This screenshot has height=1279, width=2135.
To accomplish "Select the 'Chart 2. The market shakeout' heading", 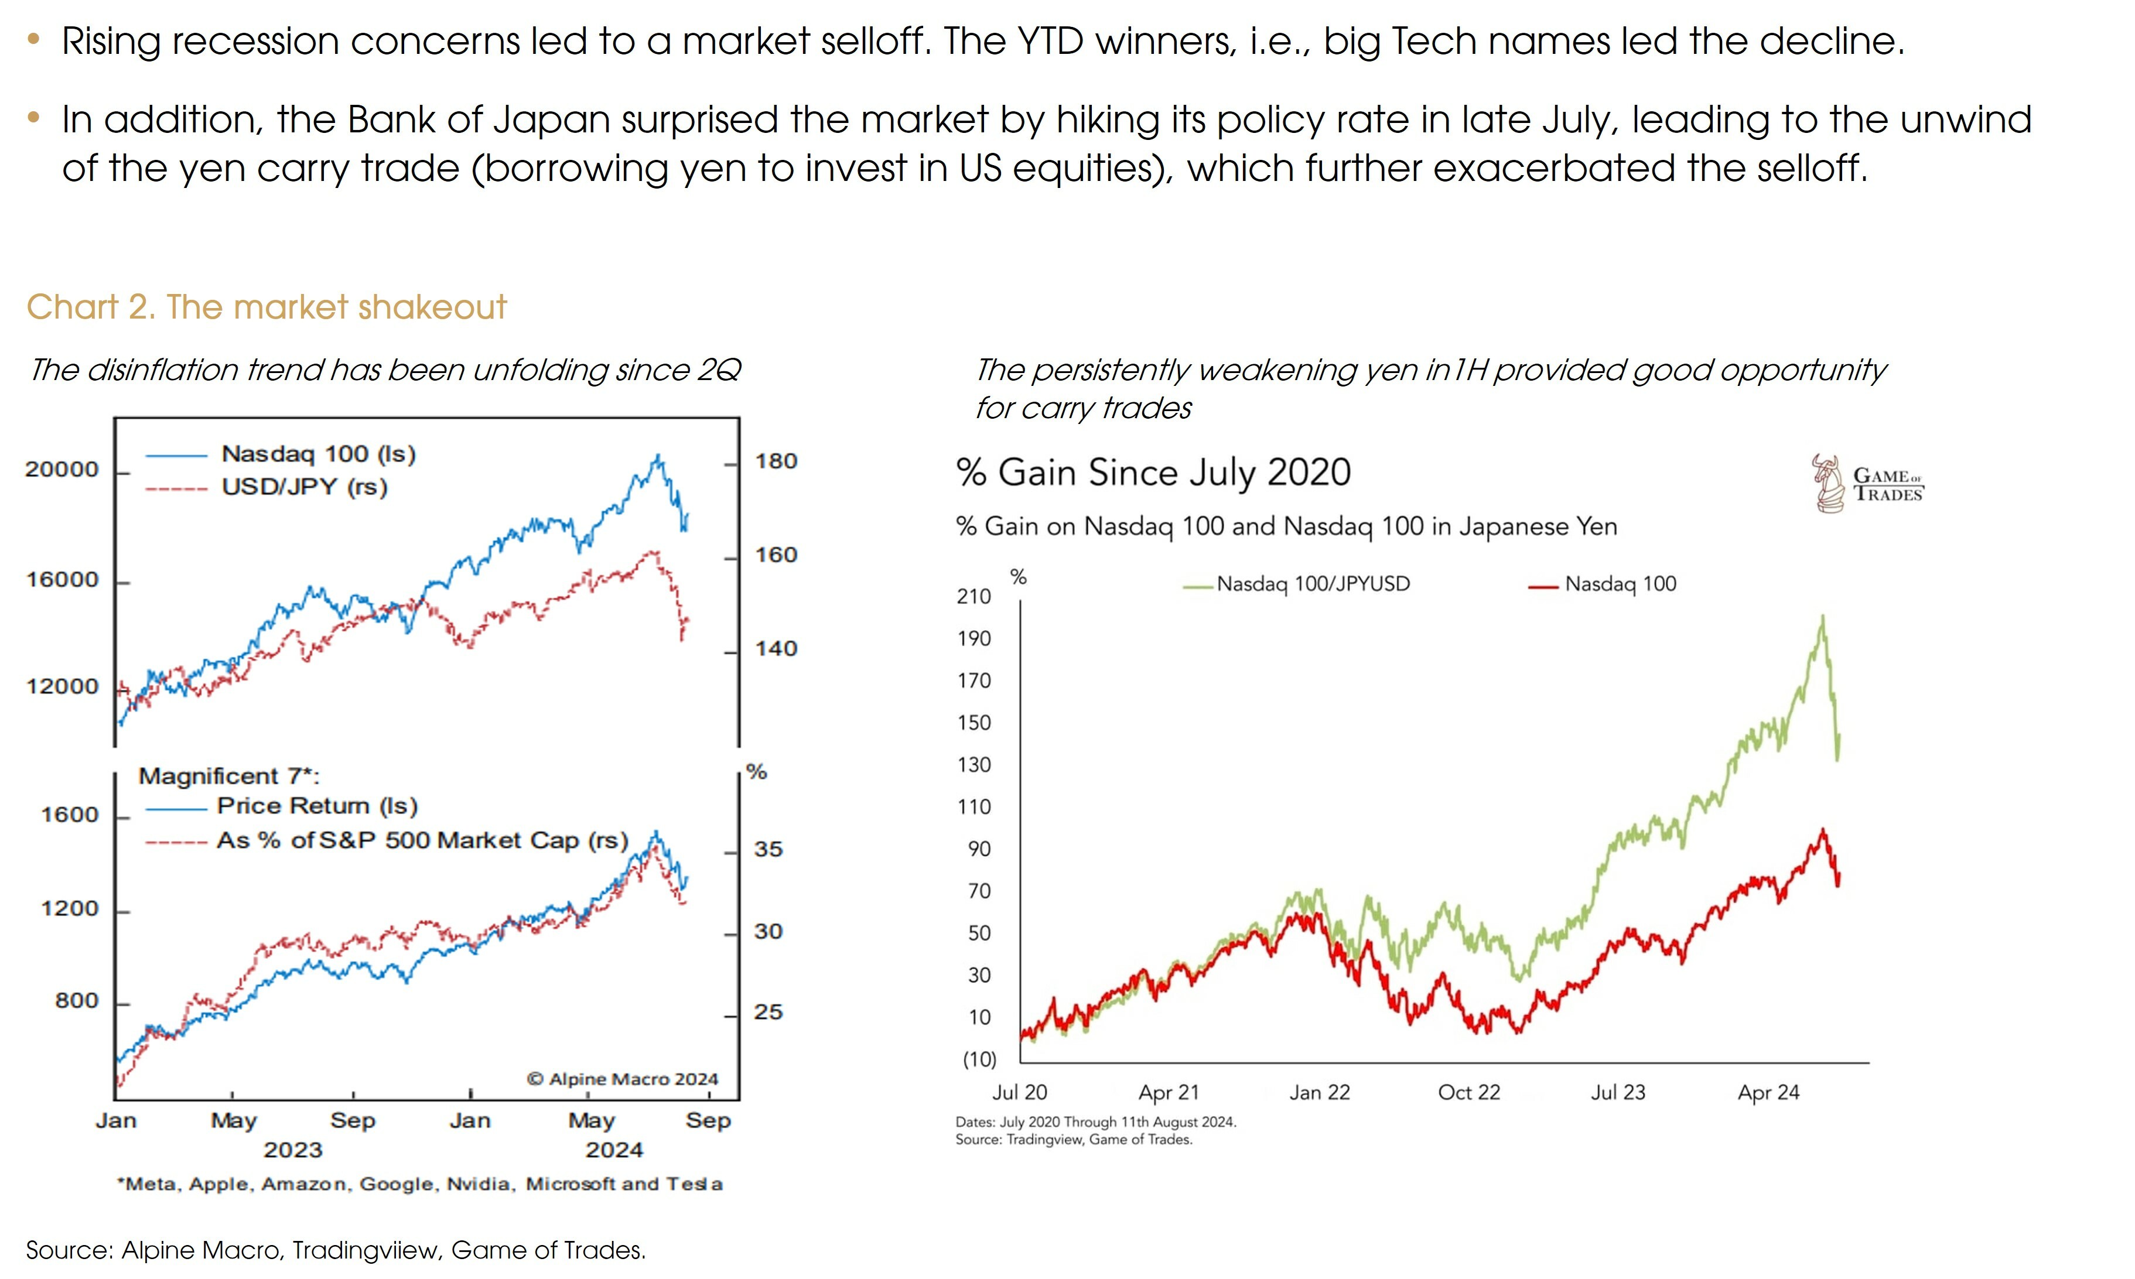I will pyautogui.click(x=267, y=307).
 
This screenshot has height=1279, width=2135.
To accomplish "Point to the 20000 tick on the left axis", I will pyautogui.click(x=62, y=470).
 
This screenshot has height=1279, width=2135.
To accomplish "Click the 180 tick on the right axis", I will pyautogui.click(x=776, y=461).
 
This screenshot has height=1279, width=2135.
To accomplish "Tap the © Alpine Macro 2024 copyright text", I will pyautogui.click(x=621, y=1079).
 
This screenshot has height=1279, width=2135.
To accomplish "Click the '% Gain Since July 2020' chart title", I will pyautogui.click(x=1153, y=473).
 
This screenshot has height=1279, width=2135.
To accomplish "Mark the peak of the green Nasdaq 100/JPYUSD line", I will pyautogui.click(x=1822, y=615).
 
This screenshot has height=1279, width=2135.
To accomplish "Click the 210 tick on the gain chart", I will pyautogui.click(x=974, y=596).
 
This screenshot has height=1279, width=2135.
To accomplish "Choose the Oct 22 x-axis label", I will pyautogui.click(x=1469, y=1093).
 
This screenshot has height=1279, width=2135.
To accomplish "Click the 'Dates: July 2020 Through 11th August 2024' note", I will pyautogui.click(x=1095, y=1122).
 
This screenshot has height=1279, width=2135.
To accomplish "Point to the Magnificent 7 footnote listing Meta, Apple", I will pyautogui.click(x=420, y=1184).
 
